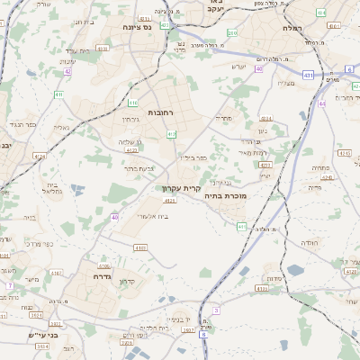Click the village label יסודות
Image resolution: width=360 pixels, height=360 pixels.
point(276,278)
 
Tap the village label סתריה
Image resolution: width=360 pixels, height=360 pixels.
point(224,118)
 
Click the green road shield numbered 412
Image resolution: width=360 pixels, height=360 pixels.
point(172,134)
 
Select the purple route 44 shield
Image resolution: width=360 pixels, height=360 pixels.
point(321,103)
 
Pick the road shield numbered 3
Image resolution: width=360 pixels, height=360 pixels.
point(216,310)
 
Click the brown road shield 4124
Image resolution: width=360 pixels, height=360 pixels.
point(39,156)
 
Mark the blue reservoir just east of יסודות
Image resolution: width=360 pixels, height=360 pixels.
point(295,270)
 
